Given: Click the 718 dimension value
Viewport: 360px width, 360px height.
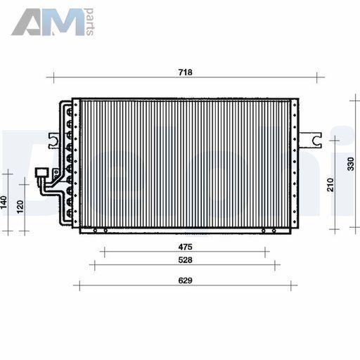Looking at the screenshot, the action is pos(185,72).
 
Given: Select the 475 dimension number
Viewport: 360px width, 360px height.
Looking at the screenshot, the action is pos(185,247).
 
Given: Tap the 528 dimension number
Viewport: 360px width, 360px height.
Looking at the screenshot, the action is pos(185,260).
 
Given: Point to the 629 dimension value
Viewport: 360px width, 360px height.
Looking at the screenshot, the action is pos(185,281).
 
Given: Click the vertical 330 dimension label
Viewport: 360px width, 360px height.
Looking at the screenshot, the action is pos(351,164).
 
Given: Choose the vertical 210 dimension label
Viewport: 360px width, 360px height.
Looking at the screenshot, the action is pos(330,185).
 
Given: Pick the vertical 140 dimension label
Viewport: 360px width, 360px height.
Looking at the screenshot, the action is pos(4,202).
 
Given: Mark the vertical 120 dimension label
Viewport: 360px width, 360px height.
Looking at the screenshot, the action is pos(20,207).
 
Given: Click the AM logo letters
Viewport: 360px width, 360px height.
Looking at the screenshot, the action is pos(48,22).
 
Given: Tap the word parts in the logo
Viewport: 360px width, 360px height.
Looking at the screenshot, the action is pos(90,22).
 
